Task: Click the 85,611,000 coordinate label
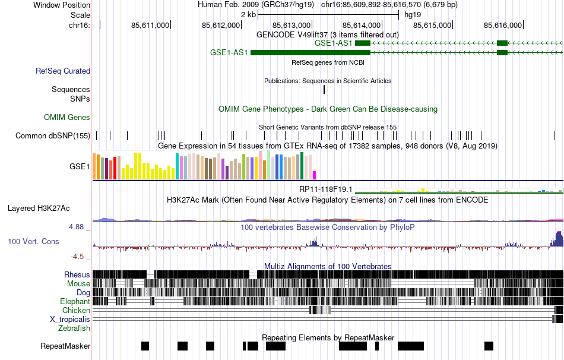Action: pos(150,25)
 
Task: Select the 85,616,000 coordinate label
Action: pos(503,25)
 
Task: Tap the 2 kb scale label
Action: pos(248,14)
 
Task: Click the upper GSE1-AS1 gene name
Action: pos(334,43)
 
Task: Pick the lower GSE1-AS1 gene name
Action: pos(229,53)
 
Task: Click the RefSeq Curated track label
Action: pos(63,71)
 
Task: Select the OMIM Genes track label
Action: pos(67,118)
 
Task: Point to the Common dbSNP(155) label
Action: pos(53,136)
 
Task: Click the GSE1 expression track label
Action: pos(80,167)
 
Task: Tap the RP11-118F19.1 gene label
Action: pos(325,190)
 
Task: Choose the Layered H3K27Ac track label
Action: pos(39,209)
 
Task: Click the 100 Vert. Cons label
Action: pos(33,242)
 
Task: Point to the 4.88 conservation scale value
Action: pos(79,227)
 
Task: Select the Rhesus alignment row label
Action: pos(77,275)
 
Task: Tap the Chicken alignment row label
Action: pos(77,311)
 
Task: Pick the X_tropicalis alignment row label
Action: pos(70,320)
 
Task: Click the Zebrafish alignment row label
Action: pos(74,329)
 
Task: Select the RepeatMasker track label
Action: pos(65,346)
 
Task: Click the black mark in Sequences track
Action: pos(324,90)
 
